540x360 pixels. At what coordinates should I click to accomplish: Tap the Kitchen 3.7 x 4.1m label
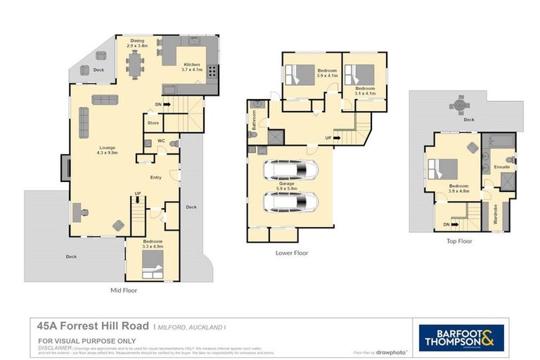click(192, 67)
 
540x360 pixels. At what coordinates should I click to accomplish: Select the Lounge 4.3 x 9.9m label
click(108, 150)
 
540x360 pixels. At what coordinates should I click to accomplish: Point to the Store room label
click(153, 123)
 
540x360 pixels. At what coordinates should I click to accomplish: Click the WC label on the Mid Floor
click(161, 141)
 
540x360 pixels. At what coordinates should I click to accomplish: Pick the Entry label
click(156, 177)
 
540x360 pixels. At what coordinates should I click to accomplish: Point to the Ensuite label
click(502, 167)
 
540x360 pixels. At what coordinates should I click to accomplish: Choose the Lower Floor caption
click(291, 252)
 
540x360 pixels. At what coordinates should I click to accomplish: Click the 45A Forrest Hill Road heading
click(93, 326)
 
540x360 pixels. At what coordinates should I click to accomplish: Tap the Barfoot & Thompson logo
click(461, 337)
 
